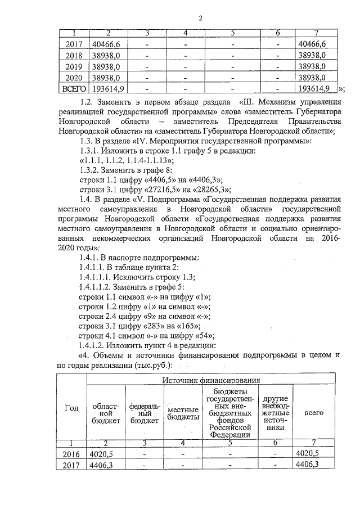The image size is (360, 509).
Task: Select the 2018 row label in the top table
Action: [x=74, y=56]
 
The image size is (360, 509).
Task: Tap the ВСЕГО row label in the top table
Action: [x=74, y=88]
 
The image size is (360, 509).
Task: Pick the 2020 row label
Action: [x=74, y=78]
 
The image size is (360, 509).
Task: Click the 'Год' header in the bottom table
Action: [x=71, y=408]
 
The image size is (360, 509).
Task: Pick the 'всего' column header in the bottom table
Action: [x=313, y=412]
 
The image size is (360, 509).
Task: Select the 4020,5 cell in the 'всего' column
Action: [x=307, y=453]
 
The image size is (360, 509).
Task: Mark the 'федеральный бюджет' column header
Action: [x=143, y=413]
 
